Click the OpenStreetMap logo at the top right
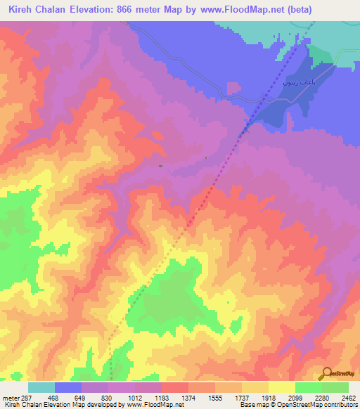[340, 65]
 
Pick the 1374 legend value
[188, 398]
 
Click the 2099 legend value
[295, 398]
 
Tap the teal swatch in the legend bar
[41, 387]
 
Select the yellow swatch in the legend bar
[281, 387]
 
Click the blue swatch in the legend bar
[68, 387]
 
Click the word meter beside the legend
[10, 398]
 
